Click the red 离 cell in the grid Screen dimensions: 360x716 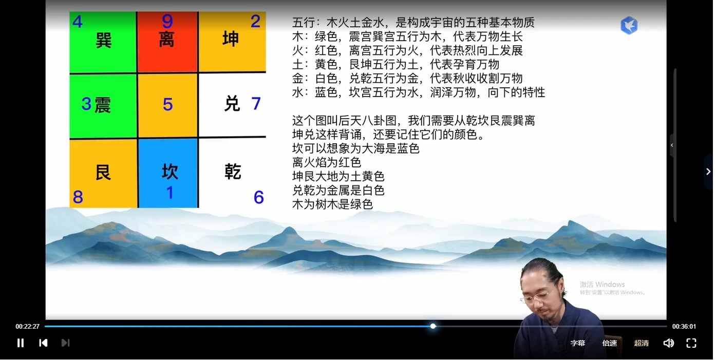[167, 42]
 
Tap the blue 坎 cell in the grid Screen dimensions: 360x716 [168, 173]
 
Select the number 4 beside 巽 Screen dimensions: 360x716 [78, 22]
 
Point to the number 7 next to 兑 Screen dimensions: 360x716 [256, 104]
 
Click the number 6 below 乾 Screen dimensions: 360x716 [258, 197]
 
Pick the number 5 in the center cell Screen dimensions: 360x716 [167, 105]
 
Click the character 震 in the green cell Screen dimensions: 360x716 [103, 105]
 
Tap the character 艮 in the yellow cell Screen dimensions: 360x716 [103, 173]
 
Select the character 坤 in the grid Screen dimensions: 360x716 [231, 39]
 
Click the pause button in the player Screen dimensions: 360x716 [21, 343]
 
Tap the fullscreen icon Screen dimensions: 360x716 [691, 343]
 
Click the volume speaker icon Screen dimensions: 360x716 [668, 343]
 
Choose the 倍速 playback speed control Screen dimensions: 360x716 [610, 343]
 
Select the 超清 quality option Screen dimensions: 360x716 [641, 343]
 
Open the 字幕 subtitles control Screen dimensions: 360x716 [578, 343]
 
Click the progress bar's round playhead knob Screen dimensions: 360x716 [433, 326]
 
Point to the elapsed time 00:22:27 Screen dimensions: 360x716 [27, 327]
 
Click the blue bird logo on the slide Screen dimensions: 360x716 [629, 25]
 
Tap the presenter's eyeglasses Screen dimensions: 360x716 [535, 297]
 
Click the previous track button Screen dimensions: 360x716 [43, 343]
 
